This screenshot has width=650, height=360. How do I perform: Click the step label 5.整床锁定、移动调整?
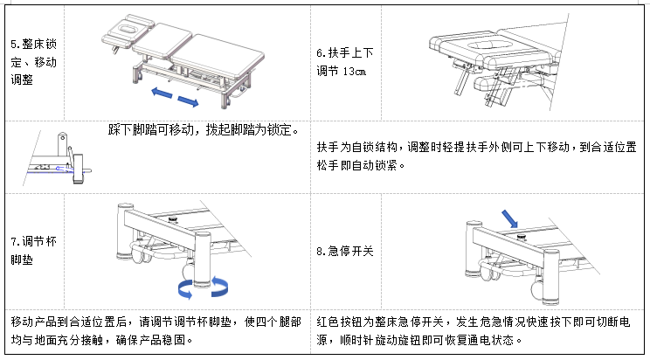(x=34, y=61)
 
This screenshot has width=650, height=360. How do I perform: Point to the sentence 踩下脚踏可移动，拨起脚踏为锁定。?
(x=204, y=130)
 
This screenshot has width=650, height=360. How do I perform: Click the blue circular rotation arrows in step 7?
(x=202, y=287)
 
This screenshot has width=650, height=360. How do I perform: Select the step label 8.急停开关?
(x=345, y=251)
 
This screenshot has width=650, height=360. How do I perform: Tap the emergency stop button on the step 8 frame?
(x=522, y=233)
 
